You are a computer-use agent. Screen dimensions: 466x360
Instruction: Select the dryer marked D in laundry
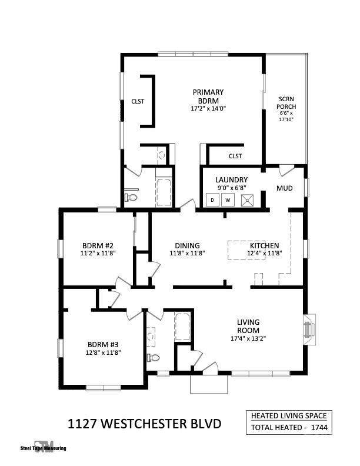pos(212,200)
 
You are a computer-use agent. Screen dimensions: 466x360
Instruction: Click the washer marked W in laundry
pos(228,200)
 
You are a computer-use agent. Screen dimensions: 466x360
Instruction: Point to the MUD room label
pos(285,188)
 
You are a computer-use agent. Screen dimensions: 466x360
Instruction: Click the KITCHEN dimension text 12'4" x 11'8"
pos(265,254)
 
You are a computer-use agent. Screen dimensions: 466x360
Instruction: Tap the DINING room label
pos(187,246)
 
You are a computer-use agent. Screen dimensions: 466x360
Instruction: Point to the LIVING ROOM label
pos(248,326)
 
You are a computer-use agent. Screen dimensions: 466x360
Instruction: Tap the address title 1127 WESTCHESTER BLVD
pos(145,424)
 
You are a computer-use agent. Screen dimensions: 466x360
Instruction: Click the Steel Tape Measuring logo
pos(44,447)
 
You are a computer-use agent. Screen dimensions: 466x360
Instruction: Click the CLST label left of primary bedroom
pos(138,101)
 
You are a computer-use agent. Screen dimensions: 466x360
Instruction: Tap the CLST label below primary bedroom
pos(235,156)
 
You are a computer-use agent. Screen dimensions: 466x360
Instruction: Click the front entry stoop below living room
pos(209,384)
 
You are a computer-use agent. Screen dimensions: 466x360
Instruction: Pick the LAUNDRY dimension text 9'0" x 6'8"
pos(231,188)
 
